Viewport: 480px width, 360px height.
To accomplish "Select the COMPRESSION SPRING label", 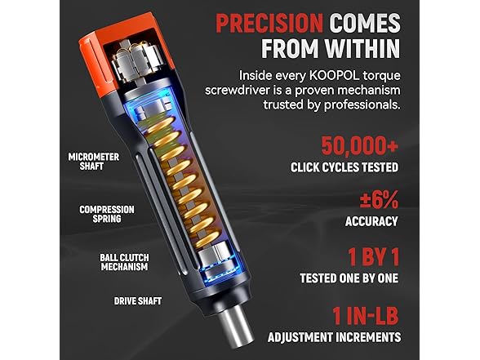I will (x=107, y=215).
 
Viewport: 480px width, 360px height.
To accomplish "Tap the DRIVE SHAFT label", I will (x=137, y=300).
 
